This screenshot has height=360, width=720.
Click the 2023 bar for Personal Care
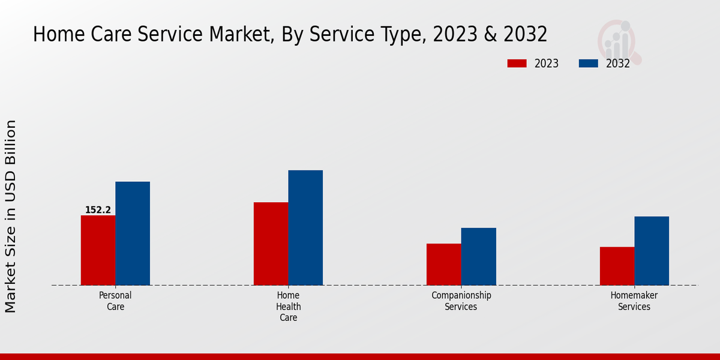(98, 250)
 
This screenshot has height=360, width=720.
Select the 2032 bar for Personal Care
(133, 233)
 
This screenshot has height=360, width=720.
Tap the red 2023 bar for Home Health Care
(271, 244)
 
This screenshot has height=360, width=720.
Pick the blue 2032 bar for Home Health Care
(305, 228)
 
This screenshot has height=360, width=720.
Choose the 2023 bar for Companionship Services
(444, 264)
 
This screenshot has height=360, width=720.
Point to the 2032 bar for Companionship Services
(479, 256)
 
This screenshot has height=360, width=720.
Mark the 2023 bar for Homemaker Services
(617, 266)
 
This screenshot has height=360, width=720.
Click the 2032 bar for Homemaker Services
(652, 251)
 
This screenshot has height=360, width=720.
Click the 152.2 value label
(98, 210)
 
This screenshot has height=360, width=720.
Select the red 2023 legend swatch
(517, 64)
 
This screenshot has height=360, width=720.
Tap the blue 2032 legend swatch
(589, 64)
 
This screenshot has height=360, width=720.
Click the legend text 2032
(618, 64)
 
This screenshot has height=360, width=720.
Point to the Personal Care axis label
(115, 301)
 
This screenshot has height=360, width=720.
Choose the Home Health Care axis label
(289, 306)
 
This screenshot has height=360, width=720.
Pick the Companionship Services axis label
(461, 301)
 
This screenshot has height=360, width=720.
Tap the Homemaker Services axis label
(634, 301)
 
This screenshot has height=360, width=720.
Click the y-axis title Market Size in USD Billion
(11, 216)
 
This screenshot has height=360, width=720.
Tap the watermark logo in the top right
(619, 41)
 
